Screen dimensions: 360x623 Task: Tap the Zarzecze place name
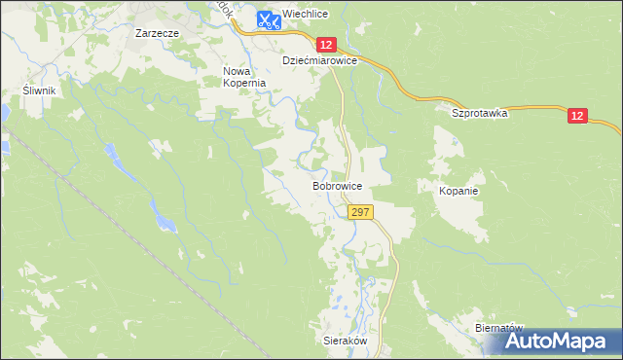tap(156, 32)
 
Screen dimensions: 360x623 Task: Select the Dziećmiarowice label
tap(320, 60)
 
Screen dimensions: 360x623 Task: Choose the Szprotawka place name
tap(480, 113)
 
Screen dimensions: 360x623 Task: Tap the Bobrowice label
tap(338, 185)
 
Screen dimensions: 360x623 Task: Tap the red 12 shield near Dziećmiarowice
tap(326, 45)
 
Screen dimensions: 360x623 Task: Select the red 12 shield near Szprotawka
tap(578, 117)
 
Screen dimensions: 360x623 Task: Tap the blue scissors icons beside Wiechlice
tap(269, 18)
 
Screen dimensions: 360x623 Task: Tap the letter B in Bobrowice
tap(315, 185)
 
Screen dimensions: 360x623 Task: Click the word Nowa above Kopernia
tap(238, 71)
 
